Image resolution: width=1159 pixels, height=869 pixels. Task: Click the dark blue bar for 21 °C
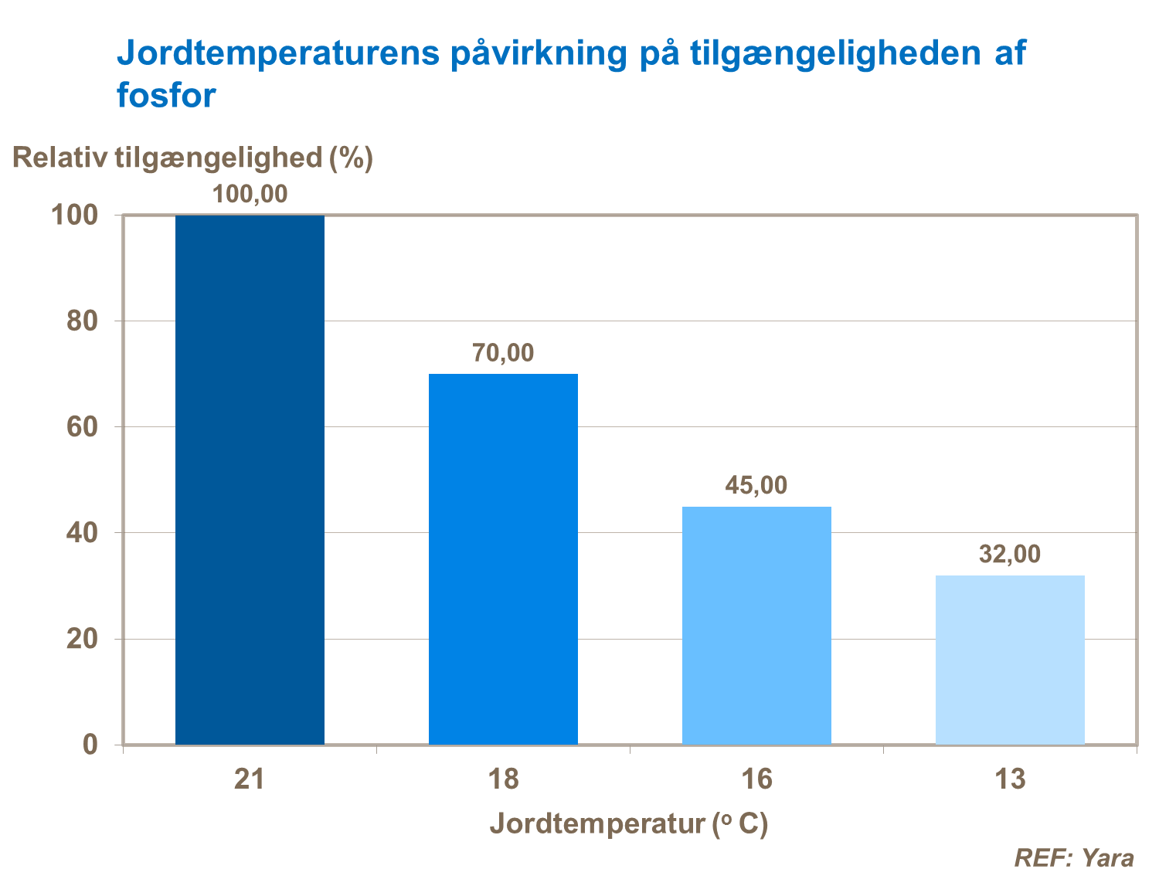(250, 479)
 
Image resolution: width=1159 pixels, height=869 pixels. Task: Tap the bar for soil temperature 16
(756, 625)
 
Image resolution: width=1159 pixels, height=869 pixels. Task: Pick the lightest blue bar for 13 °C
(1010, 660)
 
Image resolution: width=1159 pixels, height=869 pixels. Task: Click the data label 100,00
(250, 194)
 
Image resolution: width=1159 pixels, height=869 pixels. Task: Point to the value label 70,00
(503, 353)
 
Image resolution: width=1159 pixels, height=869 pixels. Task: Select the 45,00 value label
(756, 485)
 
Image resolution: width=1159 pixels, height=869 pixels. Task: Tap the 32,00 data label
(1010, 555)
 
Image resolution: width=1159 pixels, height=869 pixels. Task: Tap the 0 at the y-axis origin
(90, 745)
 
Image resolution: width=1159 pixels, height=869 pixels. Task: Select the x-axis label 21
(250, 779)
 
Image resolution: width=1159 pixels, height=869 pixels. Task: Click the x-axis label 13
(1010, 779)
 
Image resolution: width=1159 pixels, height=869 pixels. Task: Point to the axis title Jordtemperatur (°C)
(629, 824)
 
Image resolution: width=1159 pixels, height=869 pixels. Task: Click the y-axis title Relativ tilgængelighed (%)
(192, 158)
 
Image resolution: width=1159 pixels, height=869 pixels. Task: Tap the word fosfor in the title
(166, 97)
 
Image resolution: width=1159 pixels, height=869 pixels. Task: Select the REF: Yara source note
(1074, 857)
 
